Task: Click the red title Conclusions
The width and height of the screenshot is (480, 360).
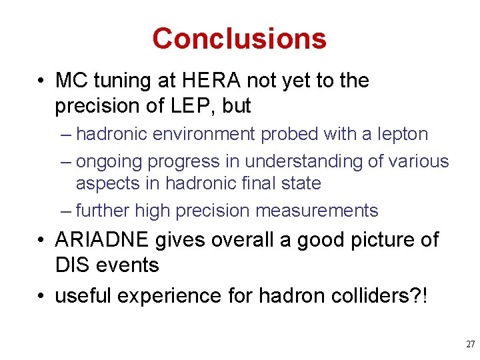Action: [x=239, y=39]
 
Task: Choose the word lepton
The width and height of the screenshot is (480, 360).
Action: [x=403, y=135]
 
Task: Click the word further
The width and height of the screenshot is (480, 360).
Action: [x=103, y=211]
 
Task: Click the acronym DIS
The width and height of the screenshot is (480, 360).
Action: [x=73, y=265]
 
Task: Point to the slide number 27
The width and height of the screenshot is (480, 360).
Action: [x=469, y=345]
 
